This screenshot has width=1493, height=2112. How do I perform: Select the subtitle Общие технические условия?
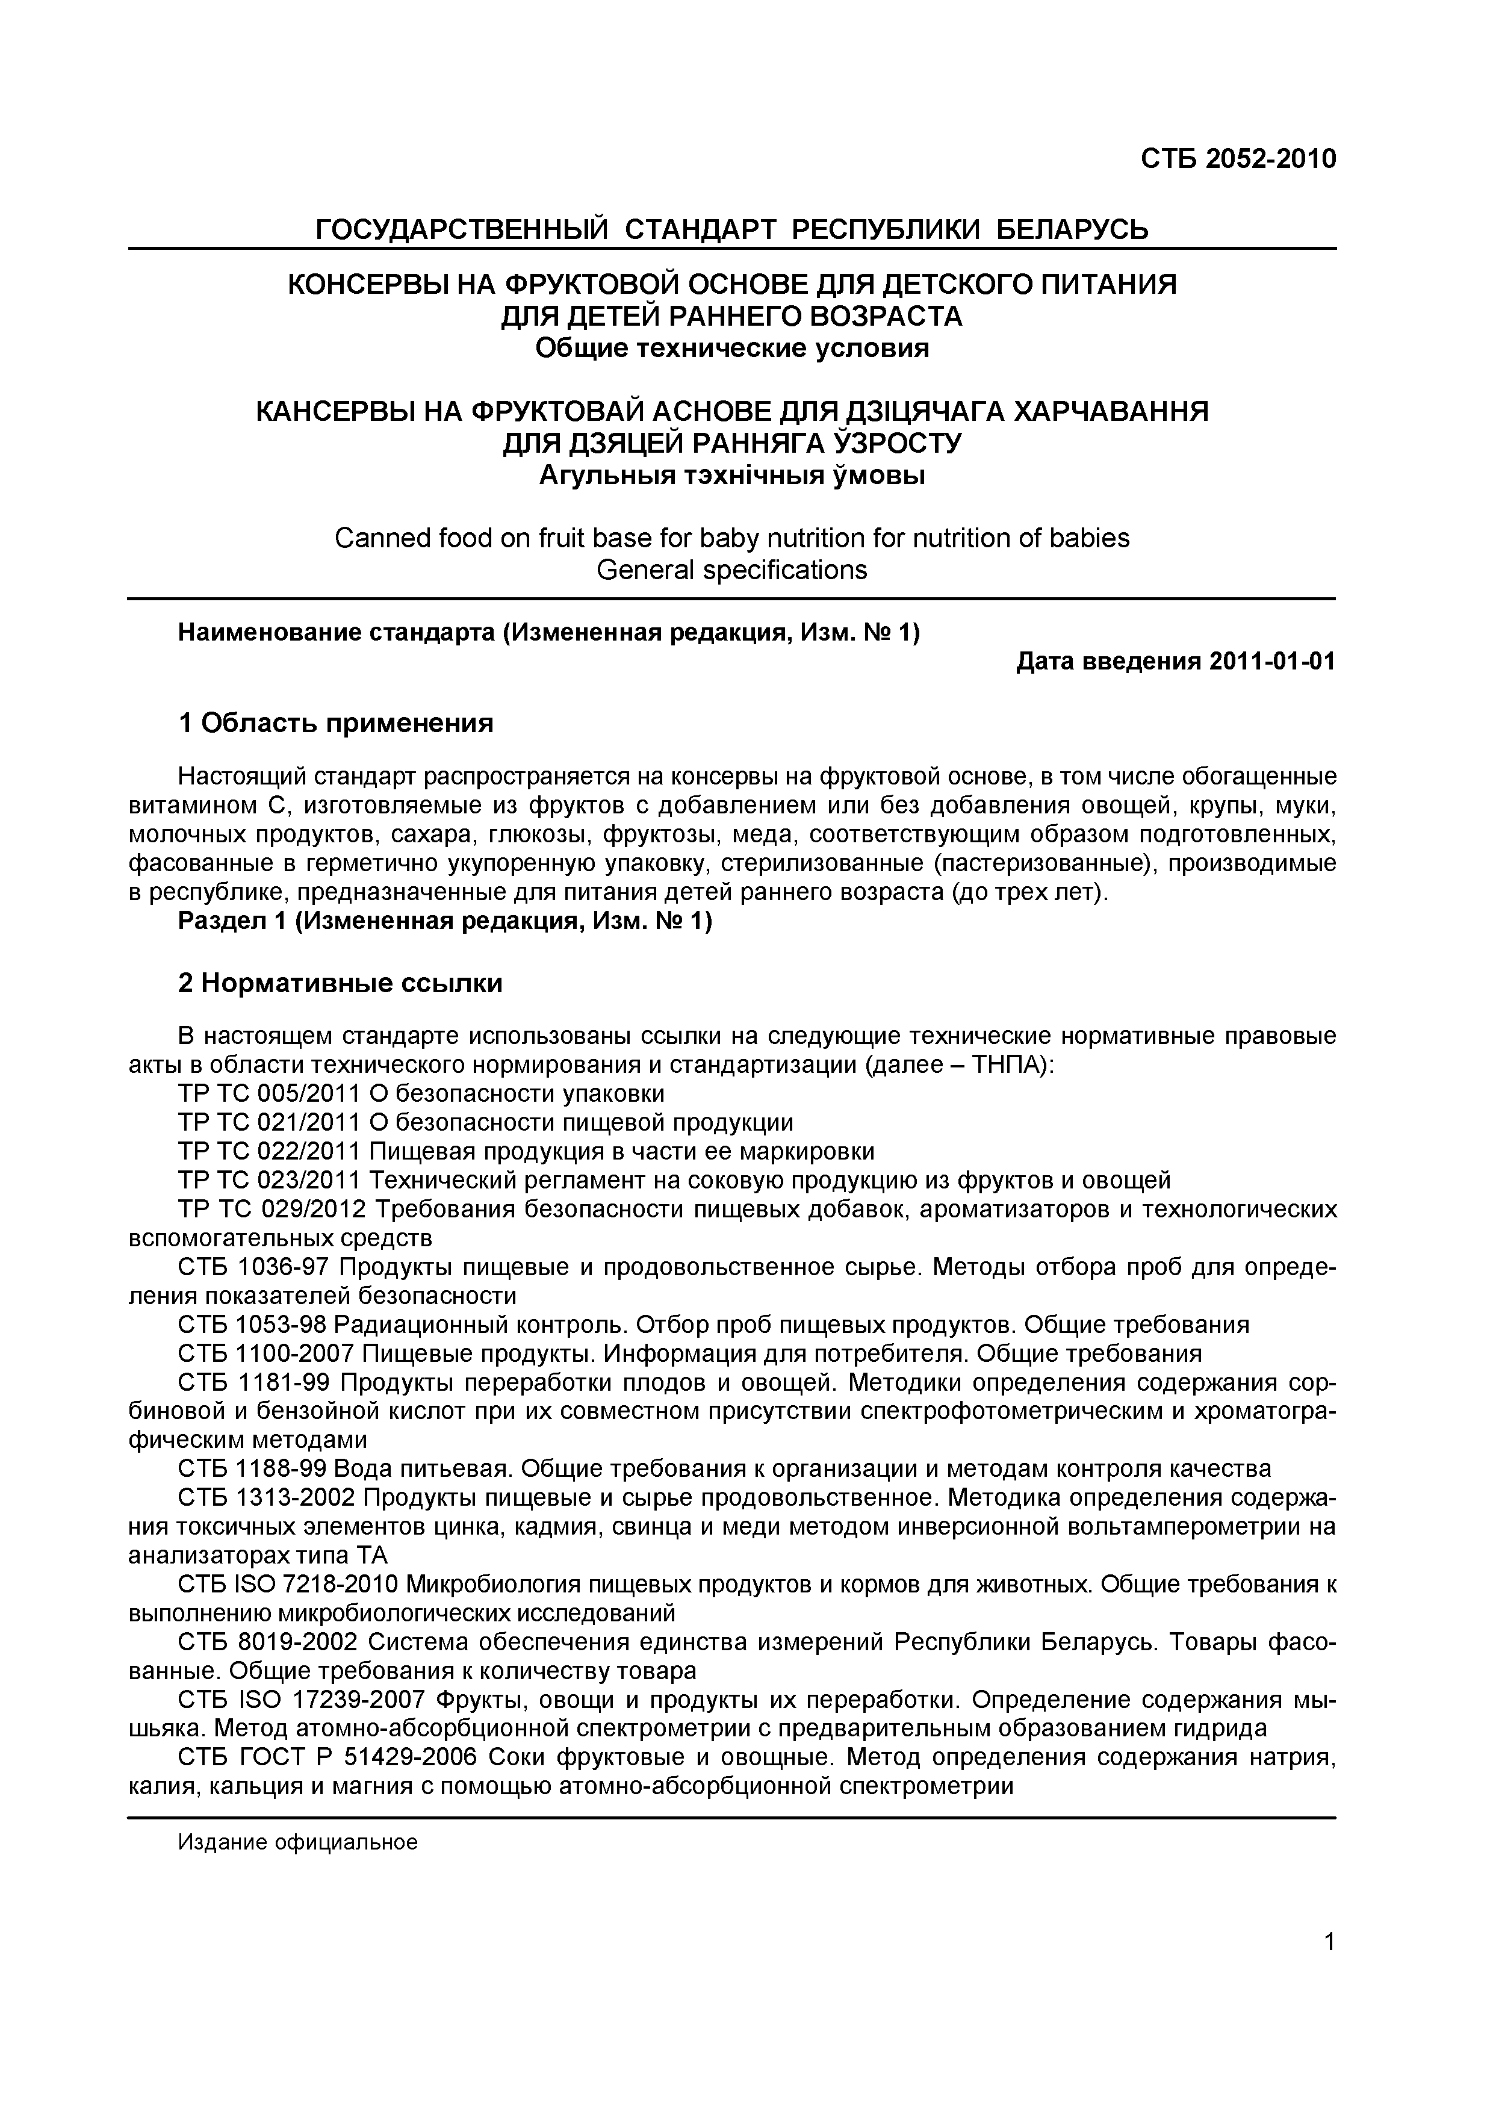(x=732, y=349)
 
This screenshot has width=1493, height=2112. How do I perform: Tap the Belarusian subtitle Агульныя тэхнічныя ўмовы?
(x=732, y=476)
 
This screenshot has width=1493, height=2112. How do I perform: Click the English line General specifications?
(x=732, y=570)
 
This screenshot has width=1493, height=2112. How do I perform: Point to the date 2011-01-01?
(x=1272, y=662)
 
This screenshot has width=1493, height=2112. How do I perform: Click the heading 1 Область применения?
(x=336, y=724)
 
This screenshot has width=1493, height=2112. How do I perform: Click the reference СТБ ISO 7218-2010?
(x=288, y=1584)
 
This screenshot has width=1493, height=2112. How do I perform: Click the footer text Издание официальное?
(x=298, y=1842)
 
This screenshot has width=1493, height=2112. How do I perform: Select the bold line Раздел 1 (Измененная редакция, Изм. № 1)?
(x=445, y=922)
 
